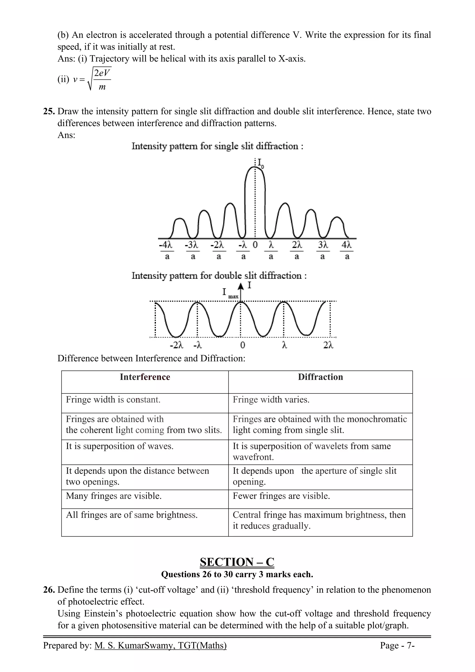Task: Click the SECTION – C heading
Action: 237,562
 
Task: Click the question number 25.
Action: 49,112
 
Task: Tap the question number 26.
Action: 49,590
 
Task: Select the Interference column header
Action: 145,377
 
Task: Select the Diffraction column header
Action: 321,377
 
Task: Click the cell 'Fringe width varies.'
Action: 271,400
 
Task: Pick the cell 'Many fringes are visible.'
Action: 114,496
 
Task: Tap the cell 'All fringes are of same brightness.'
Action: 132,515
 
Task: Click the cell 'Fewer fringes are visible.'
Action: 281,496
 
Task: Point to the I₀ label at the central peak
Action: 260,163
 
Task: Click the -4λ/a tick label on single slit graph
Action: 167,250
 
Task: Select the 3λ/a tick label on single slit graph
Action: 323,250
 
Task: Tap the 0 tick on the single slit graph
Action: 255,245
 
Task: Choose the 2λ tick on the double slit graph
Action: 328,345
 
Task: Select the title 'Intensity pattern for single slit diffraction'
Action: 217,146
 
